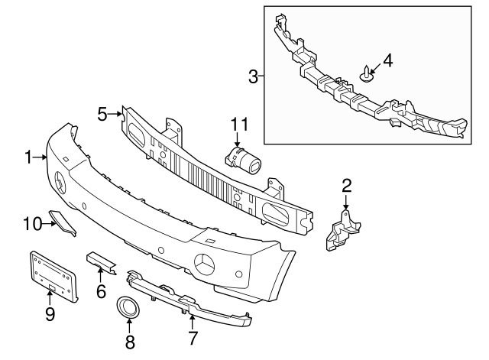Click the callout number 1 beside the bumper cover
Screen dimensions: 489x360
tap(28, 157)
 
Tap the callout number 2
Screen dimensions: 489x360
tap(346, 186)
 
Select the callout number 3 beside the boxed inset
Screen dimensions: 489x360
tap(253, 76)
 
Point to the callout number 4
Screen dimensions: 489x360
tap(387, 60)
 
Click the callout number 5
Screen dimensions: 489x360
tap(102, 114)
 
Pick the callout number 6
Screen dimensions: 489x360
tap(101, 291)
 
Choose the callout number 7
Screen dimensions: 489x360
tap(193, 338)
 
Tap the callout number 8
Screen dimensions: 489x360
tap(130, 342)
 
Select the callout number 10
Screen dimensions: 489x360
tap(32, 224)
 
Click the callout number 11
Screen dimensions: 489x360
tap(239, 124)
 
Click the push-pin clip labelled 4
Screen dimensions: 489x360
tap(367, 73)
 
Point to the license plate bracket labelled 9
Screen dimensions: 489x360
tap(53, 276)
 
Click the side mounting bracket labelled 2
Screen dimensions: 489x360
tap(342, 230)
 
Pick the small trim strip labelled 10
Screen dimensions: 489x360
tap(63, 222)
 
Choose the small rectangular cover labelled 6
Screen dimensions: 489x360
tap(101, 262)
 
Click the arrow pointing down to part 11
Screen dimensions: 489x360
tap(238, 139)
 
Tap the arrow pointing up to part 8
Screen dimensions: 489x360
tap(128, 326)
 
